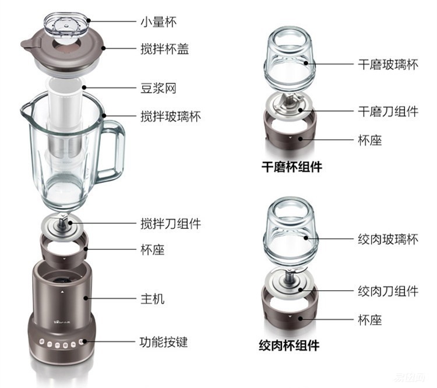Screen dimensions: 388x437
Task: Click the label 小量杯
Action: (157, 22)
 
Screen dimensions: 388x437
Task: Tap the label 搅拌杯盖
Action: (165, 49)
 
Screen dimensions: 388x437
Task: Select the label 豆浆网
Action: (157, 89)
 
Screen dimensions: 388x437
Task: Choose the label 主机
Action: (152, 299)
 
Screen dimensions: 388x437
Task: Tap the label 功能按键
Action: (164, 342)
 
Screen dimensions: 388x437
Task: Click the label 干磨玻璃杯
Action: (387, 64)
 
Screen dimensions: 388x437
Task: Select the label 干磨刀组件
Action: (387, 111)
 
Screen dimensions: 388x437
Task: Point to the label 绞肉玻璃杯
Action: (387, 239)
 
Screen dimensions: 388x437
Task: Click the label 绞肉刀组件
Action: (387, 290)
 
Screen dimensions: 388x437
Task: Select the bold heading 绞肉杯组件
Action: (289, 345)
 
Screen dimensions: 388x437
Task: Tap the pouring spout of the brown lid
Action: (27, 44)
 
